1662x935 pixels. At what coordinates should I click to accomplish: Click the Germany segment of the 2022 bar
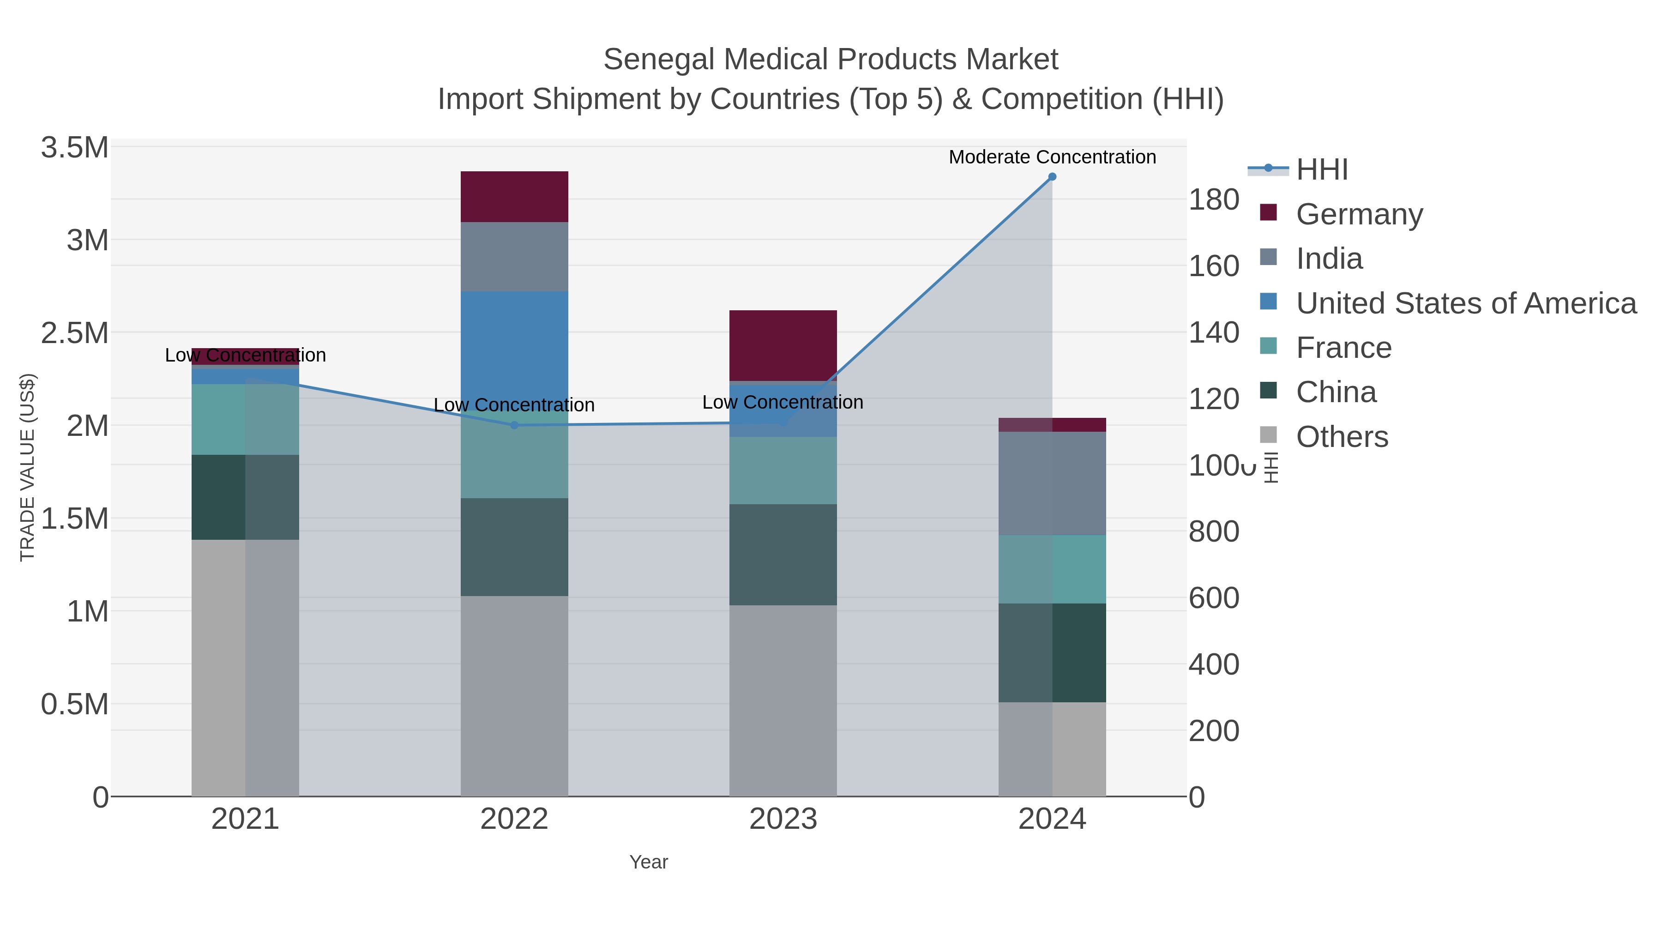coord(514,196)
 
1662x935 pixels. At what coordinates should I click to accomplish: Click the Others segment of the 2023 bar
coord(783,700)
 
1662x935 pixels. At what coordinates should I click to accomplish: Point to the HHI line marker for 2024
coord(1052,177)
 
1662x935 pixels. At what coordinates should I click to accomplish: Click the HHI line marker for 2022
coord(514,425)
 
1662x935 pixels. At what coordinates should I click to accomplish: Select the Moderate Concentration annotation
coord(1052,157)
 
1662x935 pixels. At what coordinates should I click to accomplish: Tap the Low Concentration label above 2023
coord(782,402)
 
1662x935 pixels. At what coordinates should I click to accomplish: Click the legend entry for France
coord(1343,348)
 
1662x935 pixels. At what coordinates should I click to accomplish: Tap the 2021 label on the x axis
coord(245,820)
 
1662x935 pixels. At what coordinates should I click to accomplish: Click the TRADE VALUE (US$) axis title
coord(28,467)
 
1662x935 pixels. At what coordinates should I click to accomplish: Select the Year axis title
coord(649,862)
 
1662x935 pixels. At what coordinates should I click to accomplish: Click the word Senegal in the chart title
coord(659,60)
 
